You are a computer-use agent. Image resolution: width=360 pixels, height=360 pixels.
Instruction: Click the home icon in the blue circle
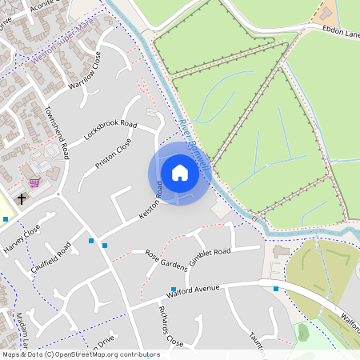tap(179, 173)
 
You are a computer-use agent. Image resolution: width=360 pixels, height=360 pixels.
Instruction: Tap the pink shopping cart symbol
tap(34, 182)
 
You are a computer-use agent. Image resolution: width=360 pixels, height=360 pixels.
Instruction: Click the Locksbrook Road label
tap(110, 131)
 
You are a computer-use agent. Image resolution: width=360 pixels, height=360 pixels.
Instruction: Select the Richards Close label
tap(170, 326)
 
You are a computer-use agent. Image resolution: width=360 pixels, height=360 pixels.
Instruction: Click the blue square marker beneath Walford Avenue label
tap(173, 290)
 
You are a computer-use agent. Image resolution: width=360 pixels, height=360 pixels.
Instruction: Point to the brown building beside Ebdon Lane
tap(326, 14)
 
